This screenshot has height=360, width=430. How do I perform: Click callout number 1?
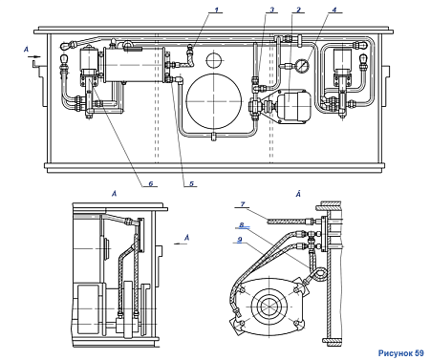point(217,10)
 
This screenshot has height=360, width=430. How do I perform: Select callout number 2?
point(298,10)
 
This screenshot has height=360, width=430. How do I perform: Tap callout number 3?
point(271,10)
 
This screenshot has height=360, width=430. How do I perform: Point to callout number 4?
point(333,10)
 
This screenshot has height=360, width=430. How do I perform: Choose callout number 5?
point(191,183)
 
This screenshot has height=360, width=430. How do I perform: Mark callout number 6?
point(151,183)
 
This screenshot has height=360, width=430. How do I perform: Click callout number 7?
point(243,204)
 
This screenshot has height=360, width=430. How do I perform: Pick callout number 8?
point(242,225)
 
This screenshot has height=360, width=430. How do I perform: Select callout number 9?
point(240,240)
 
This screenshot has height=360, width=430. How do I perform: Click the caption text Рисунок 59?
point(401,353)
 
